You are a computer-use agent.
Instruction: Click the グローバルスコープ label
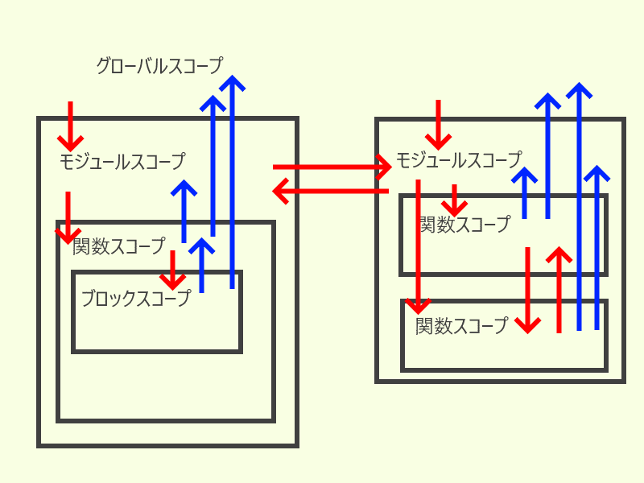tap(159, 66)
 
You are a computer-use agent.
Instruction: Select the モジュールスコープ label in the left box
tap(122, 162)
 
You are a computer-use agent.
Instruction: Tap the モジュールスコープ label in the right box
tap(458, 160)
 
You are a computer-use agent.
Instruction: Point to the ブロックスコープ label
tap(135, 299)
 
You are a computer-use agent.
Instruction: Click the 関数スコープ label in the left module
tap(118, 246)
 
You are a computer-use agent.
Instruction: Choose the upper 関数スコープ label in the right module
tap(464, 225)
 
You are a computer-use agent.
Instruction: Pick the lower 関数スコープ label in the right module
tap(462, 326)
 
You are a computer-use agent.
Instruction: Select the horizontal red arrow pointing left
tap(332, 192)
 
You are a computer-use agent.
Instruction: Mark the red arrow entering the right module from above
tap(438, 122)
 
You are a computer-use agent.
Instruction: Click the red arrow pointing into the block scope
tap(171, 270)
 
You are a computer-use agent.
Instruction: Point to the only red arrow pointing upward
tap(559, 290)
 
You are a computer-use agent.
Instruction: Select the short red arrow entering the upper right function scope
tap(455, 200)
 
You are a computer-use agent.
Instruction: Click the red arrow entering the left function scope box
tap(68, 218)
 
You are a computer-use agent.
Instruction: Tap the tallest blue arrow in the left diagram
tap(232, 182)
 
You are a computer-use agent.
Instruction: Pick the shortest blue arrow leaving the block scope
tap(201, 266)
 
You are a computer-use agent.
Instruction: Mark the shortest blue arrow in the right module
tap(525, 193)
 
